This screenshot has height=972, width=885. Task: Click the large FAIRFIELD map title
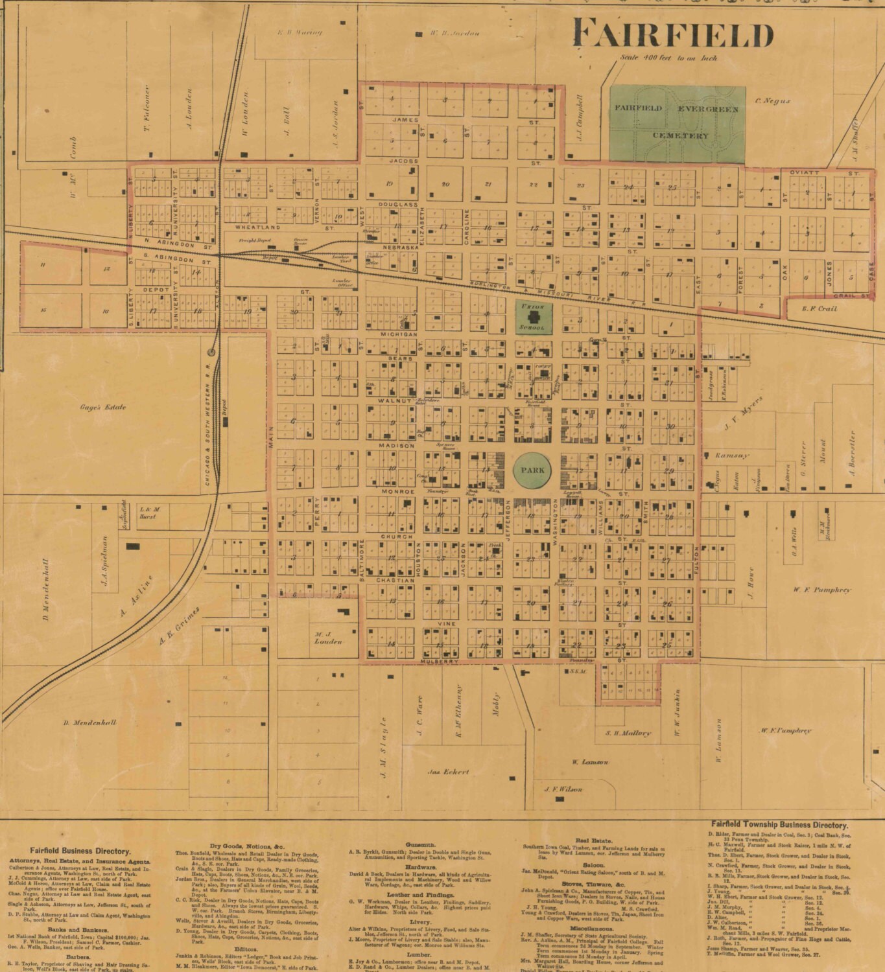[673, 34]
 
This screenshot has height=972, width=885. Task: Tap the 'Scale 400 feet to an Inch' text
[668, 58]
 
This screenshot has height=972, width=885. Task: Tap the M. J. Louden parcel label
[327, 638]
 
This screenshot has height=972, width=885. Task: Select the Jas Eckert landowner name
[448, 772]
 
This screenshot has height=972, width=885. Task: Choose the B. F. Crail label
[819, 308]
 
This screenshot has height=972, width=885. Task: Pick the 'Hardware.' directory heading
[421, 866]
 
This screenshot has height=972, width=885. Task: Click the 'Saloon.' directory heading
[594, 865]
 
